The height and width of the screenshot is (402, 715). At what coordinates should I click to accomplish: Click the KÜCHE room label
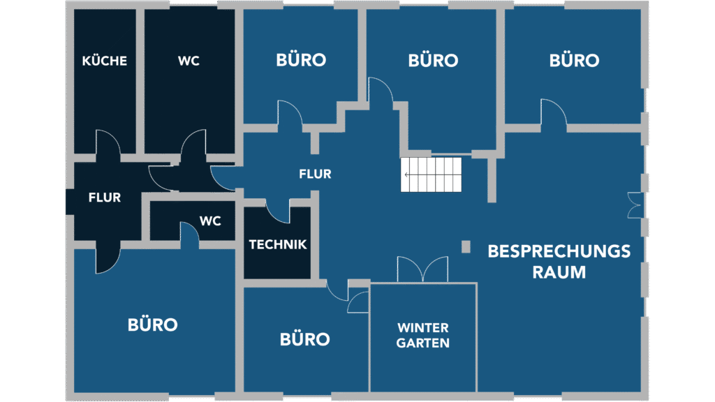click(105, 61)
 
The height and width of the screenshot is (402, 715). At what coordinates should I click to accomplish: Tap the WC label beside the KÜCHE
click(189, 61)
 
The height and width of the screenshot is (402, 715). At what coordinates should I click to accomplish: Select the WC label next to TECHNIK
click(210, 221)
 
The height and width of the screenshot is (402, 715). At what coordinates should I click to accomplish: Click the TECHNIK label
click(278, 245)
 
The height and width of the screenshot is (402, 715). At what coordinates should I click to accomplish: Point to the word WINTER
click(423, 327)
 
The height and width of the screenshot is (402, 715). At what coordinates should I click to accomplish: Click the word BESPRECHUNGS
click(559, 251)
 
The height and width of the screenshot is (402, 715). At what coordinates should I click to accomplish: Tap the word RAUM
click(559, 271)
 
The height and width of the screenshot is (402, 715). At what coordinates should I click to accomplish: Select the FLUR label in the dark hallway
click(105, 198)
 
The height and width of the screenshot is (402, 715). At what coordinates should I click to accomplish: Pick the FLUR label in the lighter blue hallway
click(315, 174)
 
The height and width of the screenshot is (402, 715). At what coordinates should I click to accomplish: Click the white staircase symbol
click(432, 174)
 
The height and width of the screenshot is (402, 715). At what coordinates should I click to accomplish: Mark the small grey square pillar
click(466, 246)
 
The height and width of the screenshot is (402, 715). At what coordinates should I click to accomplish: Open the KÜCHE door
click(108, 144)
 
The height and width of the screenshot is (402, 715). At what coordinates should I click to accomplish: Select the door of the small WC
click(189, 234)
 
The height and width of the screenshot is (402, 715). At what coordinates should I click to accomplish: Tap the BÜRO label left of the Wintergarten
click(304, 339)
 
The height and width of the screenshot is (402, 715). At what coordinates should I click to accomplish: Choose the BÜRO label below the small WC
click(153, 325)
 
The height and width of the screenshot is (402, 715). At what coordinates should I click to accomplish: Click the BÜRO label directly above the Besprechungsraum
click(574, 61)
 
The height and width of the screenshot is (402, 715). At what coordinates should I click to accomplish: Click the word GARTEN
click(423, 343)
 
